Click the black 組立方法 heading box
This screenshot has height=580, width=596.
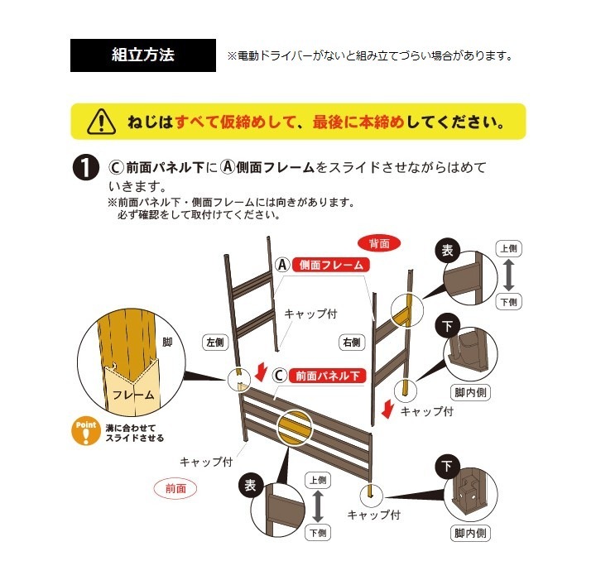pyautogui.click(x=143, y=55)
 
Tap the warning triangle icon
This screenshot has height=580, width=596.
pyautogui.click(x=102, y=122)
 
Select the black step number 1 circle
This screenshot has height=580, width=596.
pyautogui.click(x=86, y=167)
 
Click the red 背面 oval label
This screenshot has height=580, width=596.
pyautogui.click(x=379, y=243)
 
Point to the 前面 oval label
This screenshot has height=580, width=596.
pyautogui.click(x=175, y=488)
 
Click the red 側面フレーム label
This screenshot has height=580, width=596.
pyautogui.click(x=330, y=265)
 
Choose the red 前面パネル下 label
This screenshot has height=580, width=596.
pyautogui.click(x=327, y=376)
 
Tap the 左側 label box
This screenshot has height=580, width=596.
pyautogui.click(x=214, y=343)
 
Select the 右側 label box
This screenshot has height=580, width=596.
pyautogui.click(x=352, y=343)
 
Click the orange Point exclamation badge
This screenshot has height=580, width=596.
pyautogui.click(x=86, y=432)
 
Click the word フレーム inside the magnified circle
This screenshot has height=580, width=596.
pyautogui.click(x=133, y=395)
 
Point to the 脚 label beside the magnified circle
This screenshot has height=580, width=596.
pyautogui.click(x=167, y=342)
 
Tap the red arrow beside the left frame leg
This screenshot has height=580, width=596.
pyautogui.click(x=261, y=372)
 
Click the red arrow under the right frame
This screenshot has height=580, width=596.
pyautogui.click(x=387, y=409)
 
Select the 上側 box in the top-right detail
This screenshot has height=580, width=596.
pyautogui.click(x=508, y=249)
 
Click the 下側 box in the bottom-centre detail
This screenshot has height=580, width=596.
pyautogui.click(x=318, y=533)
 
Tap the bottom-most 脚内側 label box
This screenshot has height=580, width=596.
pyautogui.click(x=470, y=533)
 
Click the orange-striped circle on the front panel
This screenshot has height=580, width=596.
pyautogui.click(x=294, y=427)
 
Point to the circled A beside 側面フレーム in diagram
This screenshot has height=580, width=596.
pyautogui.click(x=282, y=265)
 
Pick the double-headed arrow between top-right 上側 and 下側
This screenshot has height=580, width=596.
pyautogui.click(x=508, y=276)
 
